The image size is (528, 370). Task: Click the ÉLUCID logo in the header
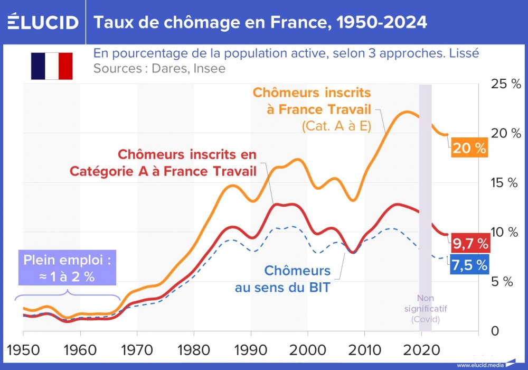pos(42,22)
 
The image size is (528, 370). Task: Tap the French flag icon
pos(52,66)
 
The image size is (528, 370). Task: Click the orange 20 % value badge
pos(469,149)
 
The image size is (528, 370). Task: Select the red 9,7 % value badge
pos(470,244)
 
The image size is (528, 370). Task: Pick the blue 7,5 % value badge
pos(469,265)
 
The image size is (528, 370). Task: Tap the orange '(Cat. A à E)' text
pos(336,127)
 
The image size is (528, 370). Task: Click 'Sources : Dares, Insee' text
pos(159,69)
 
